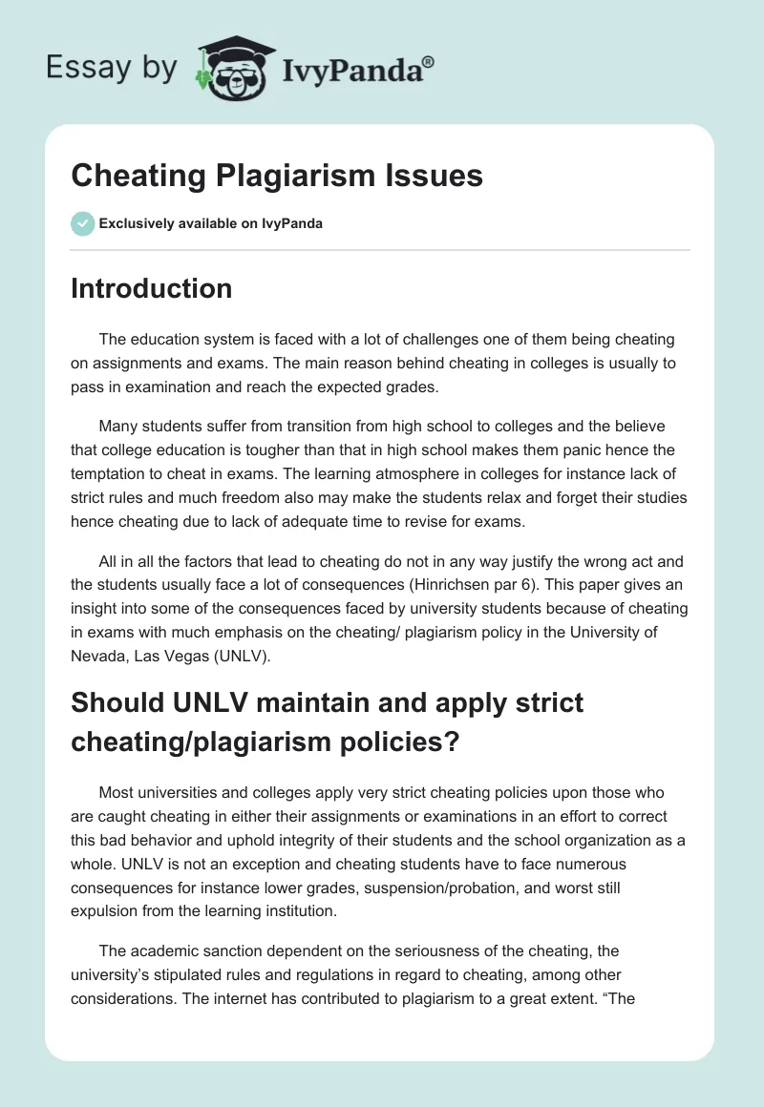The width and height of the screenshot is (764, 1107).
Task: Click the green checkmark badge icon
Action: (82, 223)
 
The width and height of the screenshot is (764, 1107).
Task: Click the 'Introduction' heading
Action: (151, 288)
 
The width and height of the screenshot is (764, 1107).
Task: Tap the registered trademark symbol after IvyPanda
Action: (428, 61)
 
